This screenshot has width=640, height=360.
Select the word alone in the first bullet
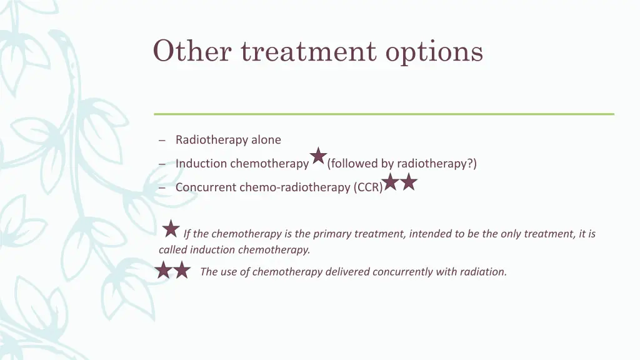tap(266, 140)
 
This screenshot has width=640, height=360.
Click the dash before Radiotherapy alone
tap(162, 141)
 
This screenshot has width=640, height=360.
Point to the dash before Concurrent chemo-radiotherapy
tap(162, 188)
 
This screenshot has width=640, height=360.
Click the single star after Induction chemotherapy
tap(318, 157)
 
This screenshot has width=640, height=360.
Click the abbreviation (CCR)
tap(368, 187)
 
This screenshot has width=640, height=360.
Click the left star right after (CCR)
tap(390, 182)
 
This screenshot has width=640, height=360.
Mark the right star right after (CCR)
tap(408, 182)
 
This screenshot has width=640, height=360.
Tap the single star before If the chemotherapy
tap(171, 229)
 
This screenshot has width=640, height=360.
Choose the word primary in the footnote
tap(332, 234)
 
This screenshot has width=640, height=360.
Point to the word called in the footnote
tap(173, 250)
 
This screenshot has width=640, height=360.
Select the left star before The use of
tap(163, 270)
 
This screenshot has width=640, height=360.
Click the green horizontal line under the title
tap(384, 114)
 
